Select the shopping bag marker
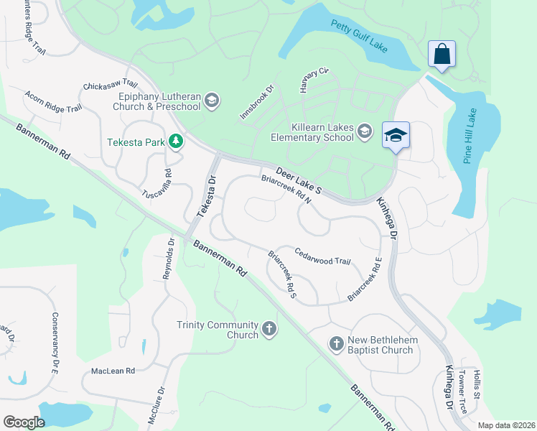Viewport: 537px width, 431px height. point(441,53)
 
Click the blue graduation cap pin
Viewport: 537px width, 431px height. point(395,135)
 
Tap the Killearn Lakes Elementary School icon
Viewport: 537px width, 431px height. point(365,130)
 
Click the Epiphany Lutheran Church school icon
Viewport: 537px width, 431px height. point(211,100)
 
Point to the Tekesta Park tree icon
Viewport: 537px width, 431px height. point(175,141)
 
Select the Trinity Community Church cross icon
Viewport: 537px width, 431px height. point(268,328)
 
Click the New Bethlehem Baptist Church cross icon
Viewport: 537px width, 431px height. point(336,344)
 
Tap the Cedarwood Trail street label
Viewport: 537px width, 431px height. point(322,256)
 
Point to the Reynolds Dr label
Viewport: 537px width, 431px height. point(169,258)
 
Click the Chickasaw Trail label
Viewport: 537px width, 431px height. point(110,85)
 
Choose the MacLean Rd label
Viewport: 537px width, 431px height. point(113,371)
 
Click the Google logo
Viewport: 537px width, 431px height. point(24,422)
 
